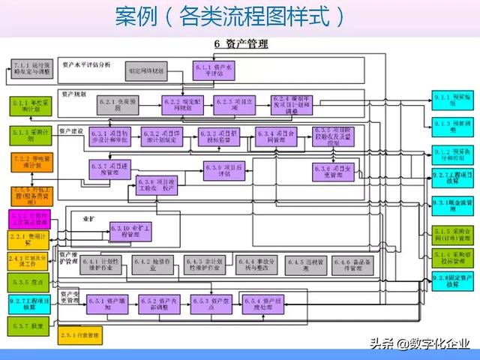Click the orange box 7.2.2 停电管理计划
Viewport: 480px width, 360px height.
coord(31,163)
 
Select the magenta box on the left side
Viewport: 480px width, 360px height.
coord(31,220)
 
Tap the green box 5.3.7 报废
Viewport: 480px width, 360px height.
coord(31,326)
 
